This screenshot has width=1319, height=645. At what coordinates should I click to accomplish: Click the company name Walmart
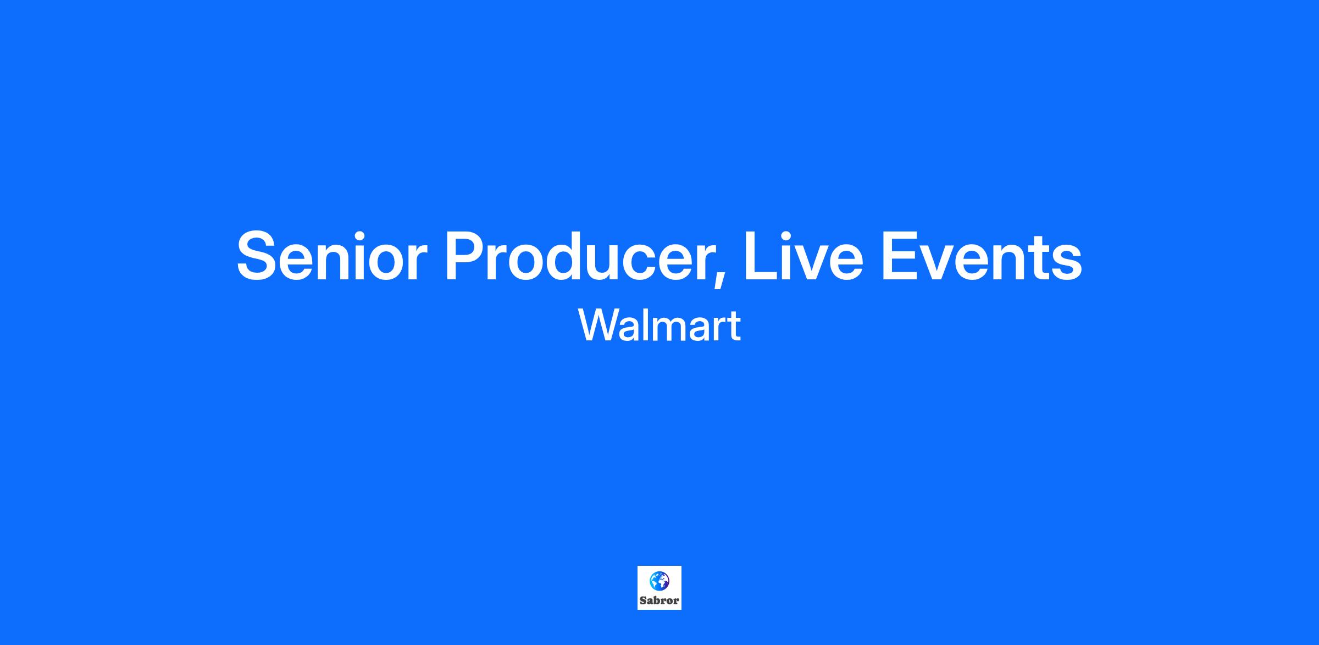[x=659, y=326]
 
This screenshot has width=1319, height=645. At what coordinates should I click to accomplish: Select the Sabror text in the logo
[x=659, y=600]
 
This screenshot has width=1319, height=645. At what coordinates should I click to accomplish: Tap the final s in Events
[x=1066, y=263]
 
